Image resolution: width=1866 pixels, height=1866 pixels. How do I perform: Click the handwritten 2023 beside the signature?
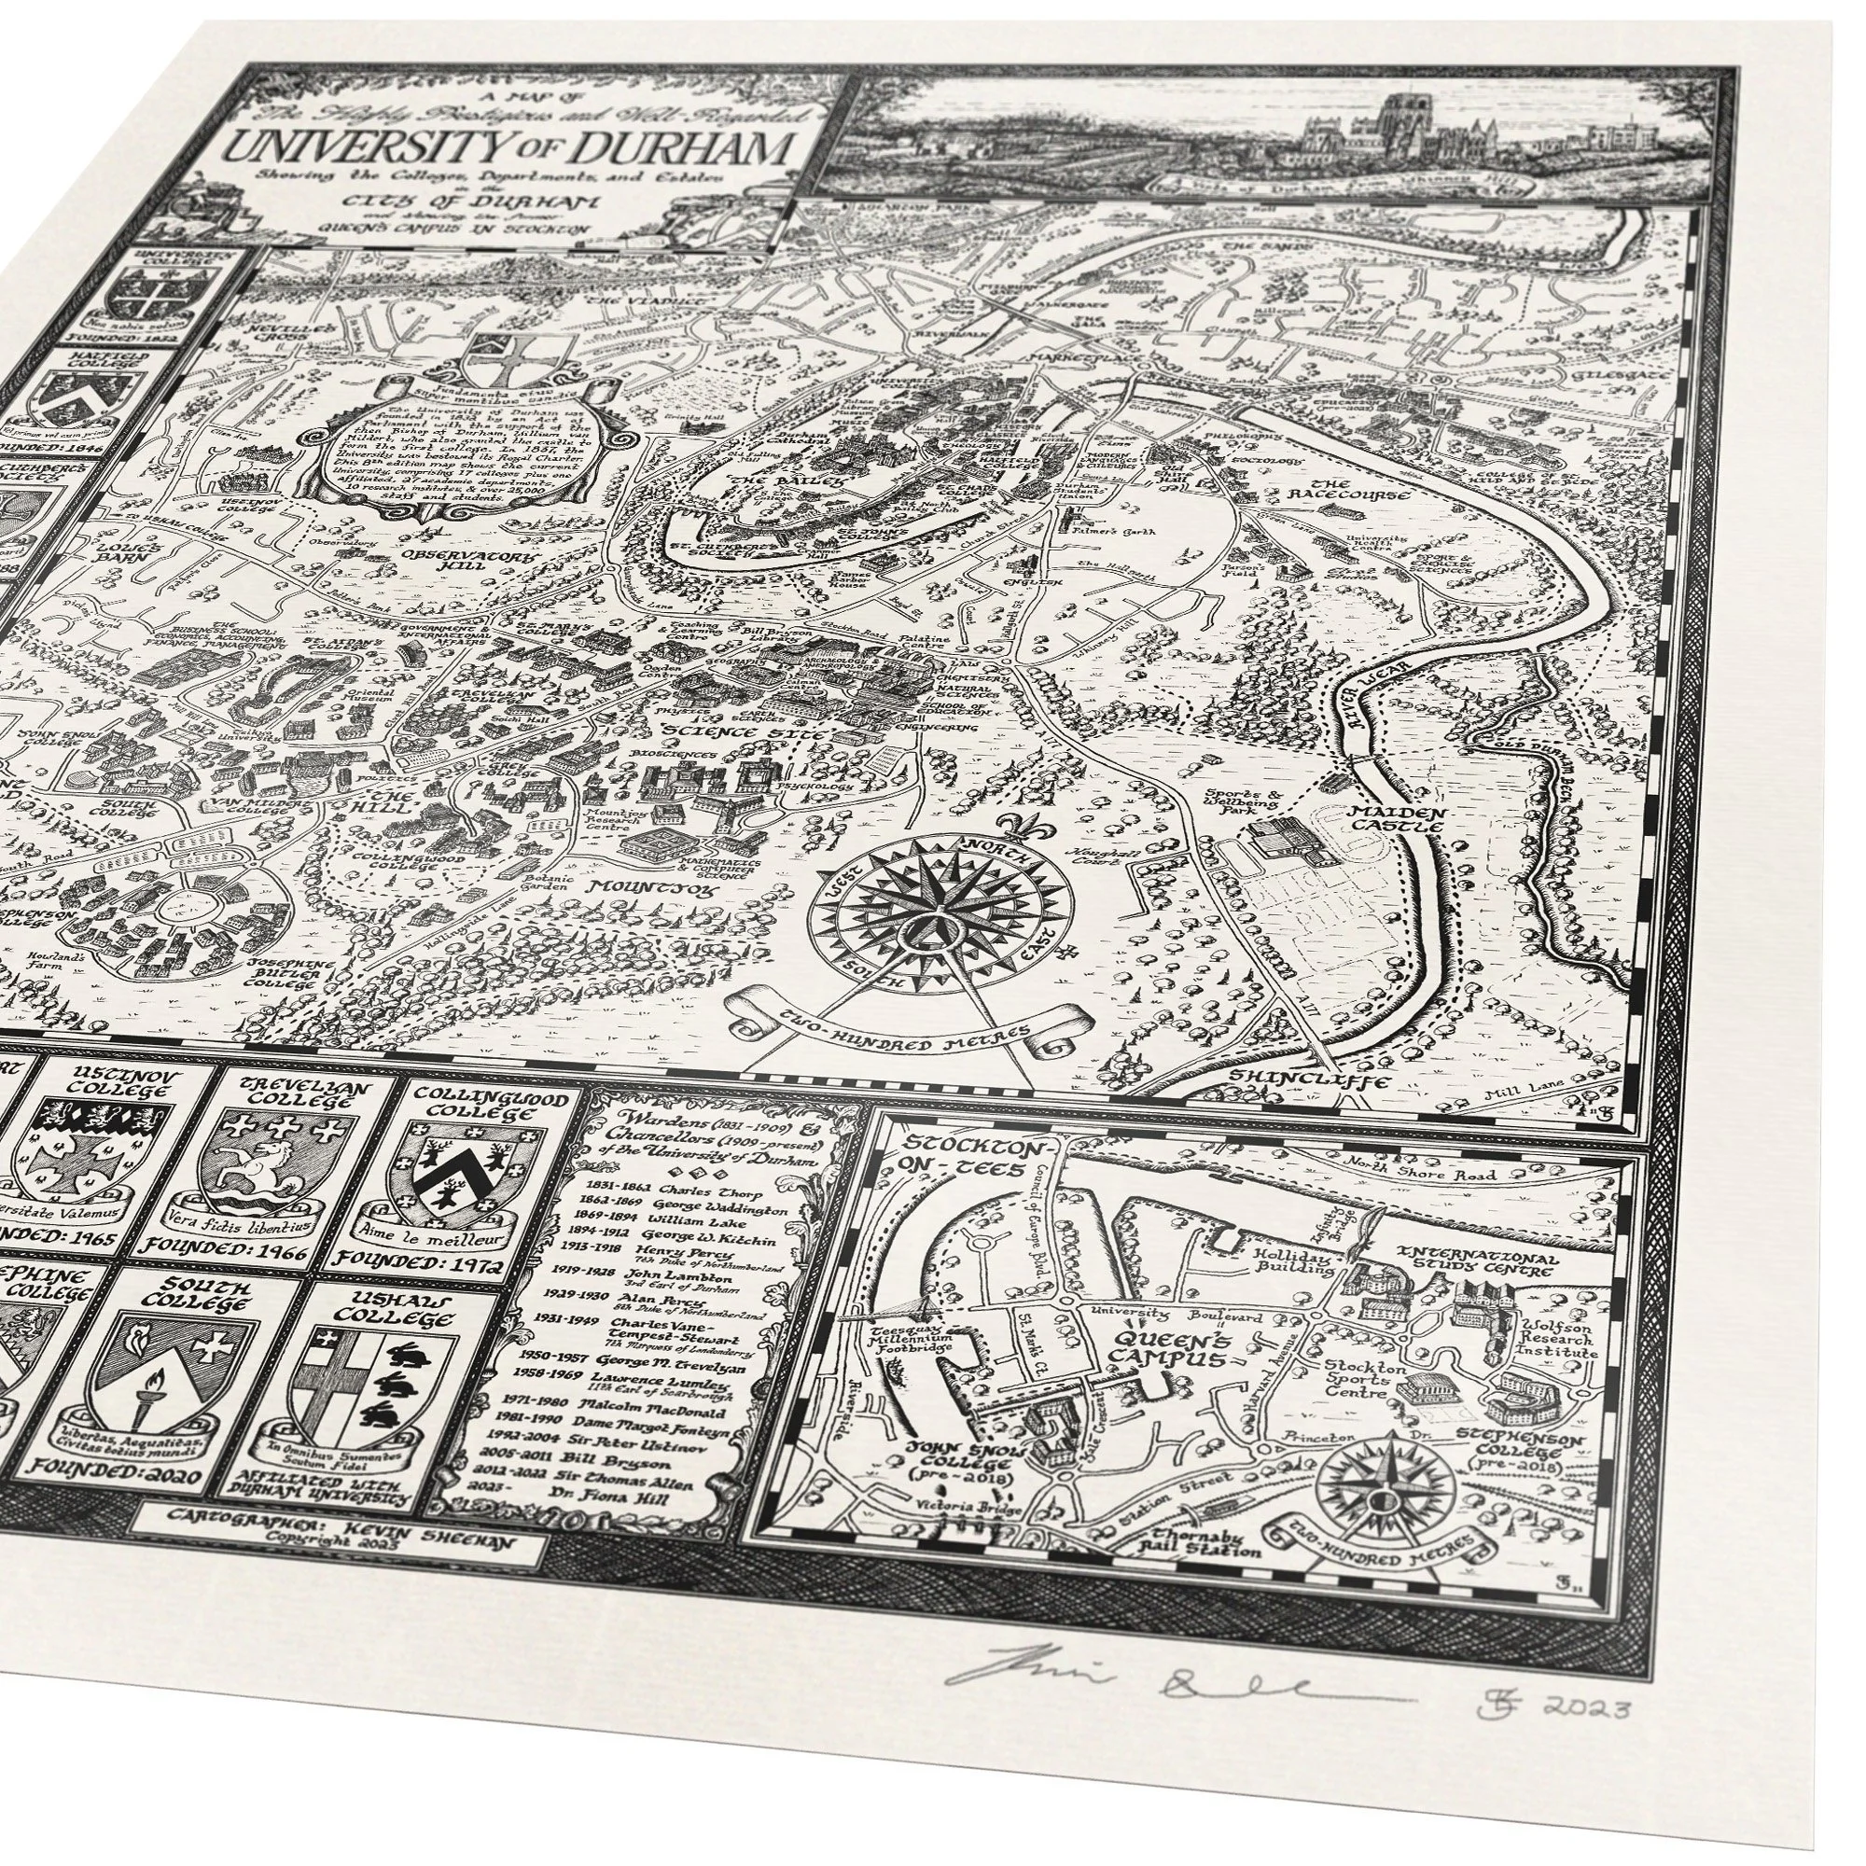pyautogui.click(x=1585, y=1708)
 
